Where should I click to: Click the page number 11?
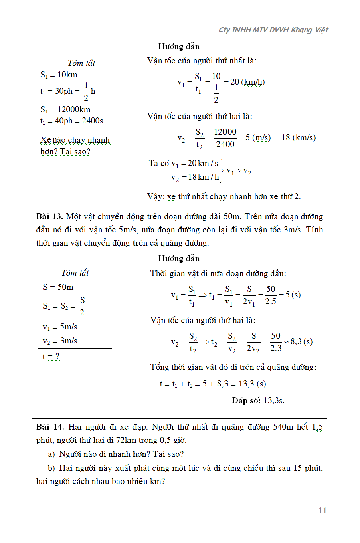pos(322,511)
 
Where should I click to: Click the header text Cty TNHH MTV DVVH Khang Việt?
pos(273,30)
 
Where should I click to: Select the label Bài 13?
pos(49,217)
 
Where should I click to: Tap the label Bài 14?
pos(50,427)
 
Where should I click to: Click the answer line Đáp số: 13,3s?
pos(258,400)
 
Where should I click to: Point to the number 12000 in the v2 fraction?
pos(225,132)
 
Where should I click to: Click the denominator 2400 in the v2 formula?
pos(225,144)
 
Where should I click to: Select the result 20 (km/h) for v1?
pos(247,82)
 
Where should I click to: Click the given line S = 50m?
pos(58,287)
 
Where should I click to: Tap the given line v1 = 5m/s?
pos(60,327)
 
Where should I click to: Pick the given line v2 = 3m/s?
pos(60,341)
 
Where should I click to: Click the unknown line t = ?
pos(51,357)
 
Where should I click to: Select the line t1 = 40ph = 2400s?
pos(72,121)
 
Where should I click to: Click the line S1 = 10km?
pos(59,75)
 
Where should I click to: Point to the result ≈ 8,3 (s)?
pos(298,342)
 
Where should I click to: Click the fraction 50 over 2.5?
pos(271,295)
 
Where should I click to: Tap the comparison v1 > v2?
pos(239,171)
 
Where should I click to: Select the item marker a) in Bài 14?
pos(51,454)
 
